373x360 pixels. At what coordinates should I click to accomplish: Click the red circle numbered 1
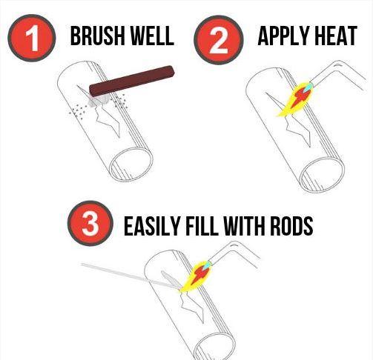coord(32,38)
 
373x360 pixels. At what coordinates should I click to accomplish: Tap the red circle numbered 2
coord(219,40)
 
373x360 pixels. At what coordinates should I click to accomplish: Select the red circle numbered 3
coord(90,223)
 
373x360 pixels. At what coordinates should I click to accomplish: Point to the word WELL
coord(152,36)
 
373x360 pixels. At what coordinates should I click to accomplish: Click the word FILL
coord(202,226)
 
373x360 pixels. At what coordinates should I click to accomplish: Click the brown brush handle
coord(132,81)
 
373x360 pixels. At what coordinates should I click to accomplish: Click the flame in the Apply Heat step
coord(296,99)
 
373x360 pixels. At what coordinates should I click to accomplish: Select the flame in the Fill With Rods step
coord(195,276)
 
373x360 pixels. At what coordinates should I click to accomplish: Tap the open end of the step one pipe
coord(131,164)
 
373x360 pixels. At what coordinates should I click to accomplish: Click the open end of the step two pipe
coord(322,174)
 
